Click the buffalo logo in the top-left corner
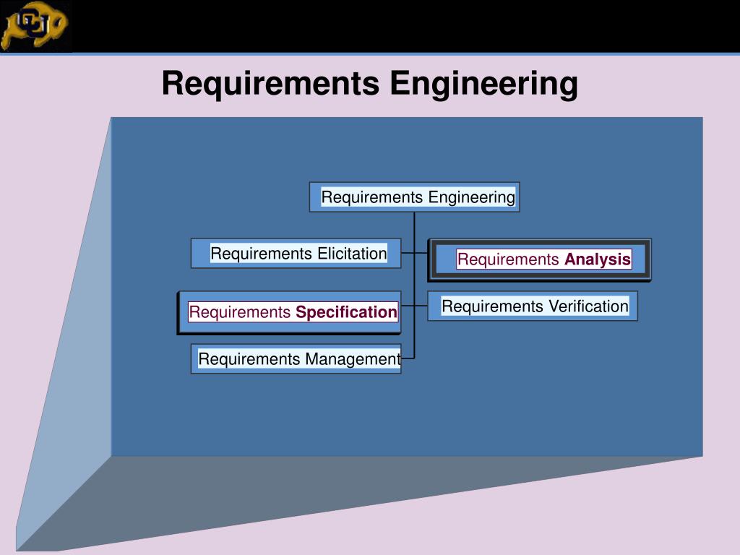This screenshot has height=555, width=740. pos(35,26)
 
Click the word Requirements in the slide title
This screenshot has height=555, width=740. pos(270,83)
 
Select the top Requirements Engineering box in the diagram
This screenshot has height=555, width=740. pos(414,197)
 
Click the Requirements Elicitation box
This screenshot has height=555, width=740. pos(296,254)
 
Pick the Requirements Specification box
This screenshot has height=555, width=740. pos(289,312)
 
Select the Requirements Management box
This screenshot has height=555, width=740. pos(296,359)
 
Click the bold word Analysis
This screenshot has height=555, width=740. pos(598,259)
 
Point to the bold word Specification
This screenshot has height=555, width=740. pos(346,312)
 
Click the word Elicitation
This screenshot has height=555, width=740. pos(352,254)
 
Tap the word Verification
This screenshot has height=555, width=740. pos(588,306)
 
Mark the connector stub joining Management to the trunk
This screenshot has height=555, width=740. pos(408,358)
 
